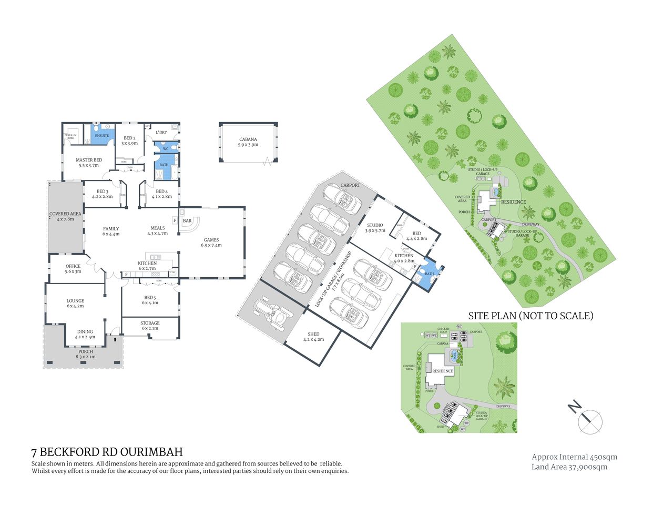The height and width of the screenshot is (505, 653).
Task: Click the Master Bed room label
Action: point(89,163)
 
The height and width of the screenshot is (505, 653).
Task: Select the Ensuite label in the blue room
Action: point(101,136)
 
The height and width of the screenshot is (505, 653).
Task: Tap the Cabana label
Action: point(248,142)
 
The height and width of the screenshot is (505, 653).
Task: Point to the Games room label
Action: point(212,243)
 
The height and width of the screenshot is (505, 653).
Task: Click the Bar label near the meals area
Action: point(187,221)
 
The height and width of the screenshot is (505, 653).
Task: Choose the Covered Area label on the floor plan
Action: point(66,216)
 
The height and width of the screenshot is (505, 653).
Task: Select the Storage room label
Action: point(150,326)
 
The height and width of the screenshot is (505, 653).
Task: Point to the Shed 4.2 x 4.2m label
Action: point(313,337)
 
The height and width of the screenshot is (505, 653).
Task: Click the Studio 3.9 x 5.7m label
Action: point(375,228)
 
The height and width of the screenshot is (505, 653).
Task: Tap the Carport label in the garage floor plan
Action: point(350,185)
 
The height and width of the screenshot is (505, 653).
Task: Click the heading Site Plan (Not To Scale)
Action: point(530,316)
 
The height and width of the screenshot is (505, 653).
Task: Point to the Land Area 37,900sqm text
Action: point(569,467)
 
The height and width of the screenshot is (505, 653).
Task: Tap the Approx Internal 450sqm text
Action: point(574,457)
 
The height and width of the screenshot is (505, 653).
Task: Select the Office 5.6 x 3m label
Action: point(73,269)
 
